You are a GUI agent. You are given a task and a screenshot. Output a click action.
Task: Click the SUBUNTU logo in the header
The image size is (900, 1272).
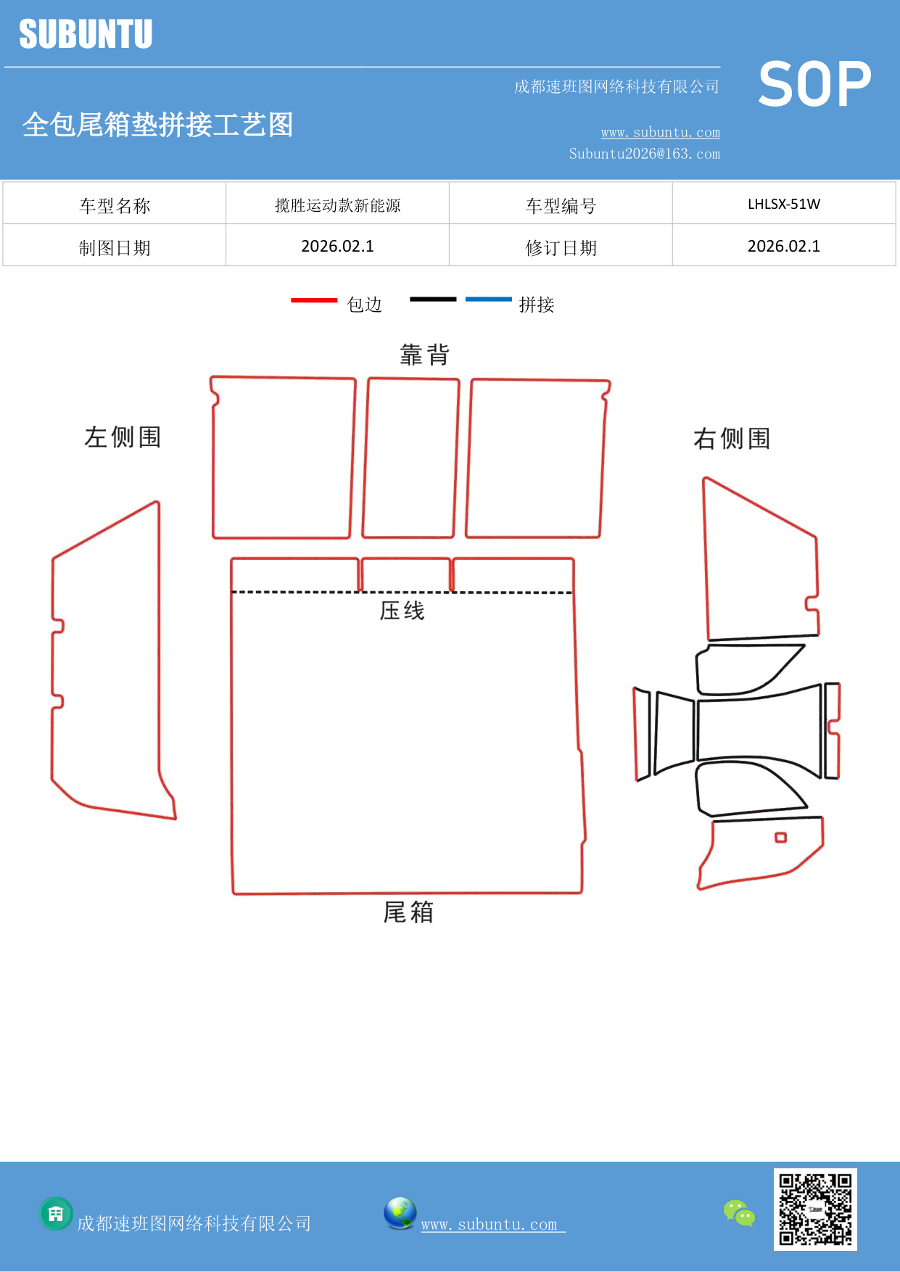click(86, 34)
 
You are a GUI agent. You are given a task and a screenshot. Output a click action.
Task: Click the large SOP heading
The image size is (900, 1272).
click(814, 84)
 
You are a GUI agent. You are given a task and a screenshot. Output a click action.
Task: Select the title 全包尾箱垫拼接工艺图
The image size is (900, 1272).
click(157, 125)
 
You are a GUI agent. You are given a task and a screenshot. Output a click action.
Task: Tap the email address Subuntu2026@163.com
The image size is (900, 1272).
click(644, 154)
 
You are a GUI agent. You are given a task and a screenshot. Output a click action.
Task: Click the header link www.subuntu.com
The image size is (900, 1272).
click(660, 133)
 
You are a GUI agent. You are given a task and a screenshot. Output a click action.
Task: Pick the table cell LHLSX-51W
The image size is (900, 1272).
click(784, 204)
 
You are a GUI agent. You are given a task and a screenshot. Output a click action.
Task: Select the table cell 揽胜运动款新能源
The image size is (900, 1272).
click(337, 205)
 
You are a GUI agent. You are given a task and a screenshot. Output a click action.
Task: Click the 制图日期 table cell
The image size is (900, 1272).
click(115, 248)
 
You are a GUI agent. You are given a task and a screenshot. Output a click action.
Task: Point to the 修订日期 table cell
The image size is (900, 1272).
click(561, 248)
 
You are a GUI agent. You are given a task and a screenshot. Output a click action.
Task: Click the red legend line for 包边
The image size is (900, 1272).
click(314, 300)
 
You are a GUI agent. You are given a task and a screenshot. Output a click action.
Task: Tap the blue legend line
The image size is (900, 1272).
click(488, 299)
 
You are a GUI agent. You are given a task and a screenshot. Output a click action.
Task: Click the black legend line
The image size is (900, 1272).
click(433, 299)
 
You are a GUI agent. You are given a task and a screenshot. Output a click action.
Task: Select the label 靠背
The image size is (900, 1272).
click(425, 355)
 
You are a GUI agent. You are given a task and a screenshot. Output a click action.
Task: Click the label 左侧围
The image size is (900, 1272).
click(123, 437)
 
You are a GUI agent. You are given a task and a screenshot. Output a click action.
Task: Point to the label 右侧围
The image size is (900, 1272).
click(732, 439)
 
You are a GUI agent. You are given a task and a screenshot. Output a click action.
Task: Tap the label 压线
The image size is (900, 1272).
click(402, 611)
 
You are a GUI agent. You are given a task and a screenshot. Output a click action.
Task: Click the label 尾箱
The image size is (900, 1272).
click(408, 912)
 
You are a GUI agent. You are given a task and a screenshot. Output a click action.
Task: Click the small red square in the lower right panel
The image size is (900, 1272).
click(780, 838)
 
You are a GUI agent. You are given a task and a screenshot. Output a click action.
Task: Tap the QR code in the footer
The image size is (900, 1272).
click(815, 1210)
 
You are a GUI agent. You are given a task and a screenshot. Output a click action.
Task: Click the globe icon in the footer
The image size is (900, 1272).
click(400, 1213)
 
